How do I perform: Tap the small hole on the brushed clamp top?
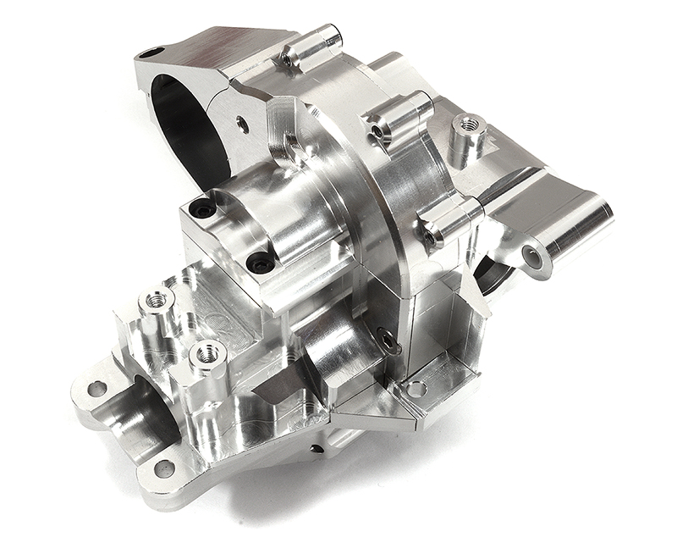[x=151, y=53]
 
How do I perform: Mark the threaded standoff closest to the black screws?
[x=157, y=300]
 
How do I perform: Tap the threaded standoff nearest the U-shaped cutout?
[x=206, y=352]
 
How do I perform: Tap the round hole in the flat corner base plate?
[x=416, y=389]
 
